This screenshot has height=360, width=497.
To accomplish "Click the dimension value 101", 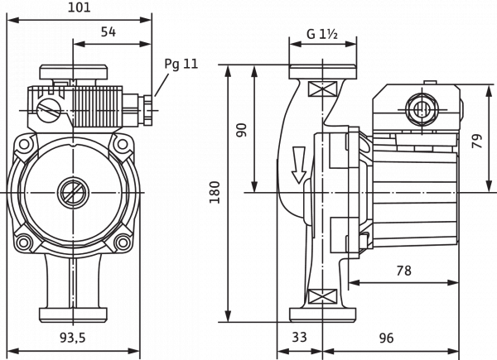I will tap(79, 8).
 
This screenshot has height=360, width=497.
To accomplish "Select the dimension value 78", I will tap(401, 270).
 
